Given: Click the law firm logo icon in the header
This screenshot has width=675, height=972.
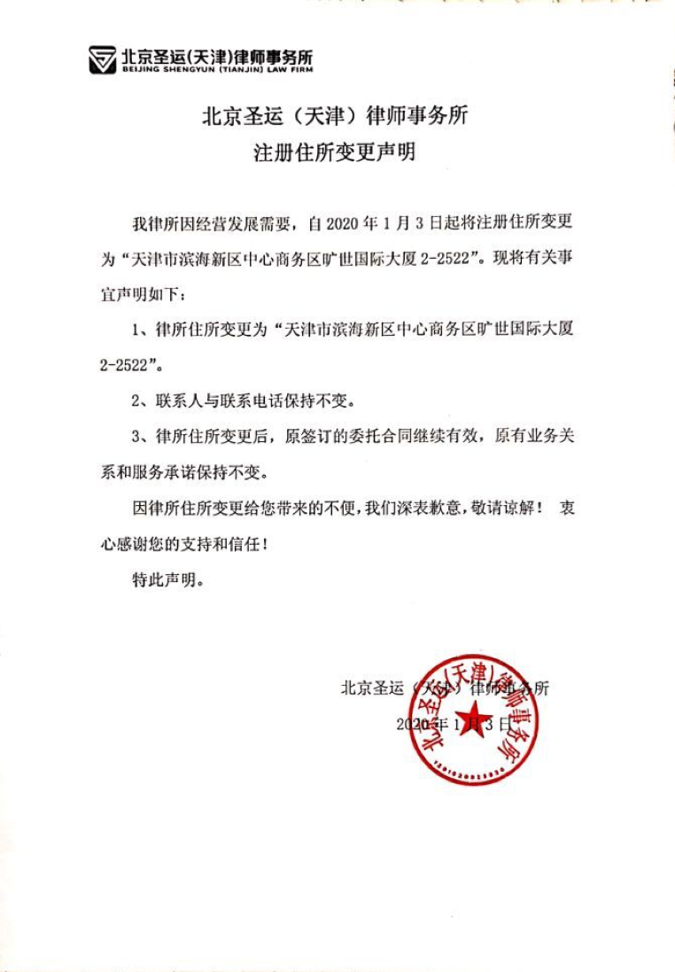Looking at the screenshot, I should click(103, 60).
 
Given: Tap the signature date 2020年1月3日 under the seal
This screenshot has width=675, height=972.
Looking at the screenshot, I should click(452, 724).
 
